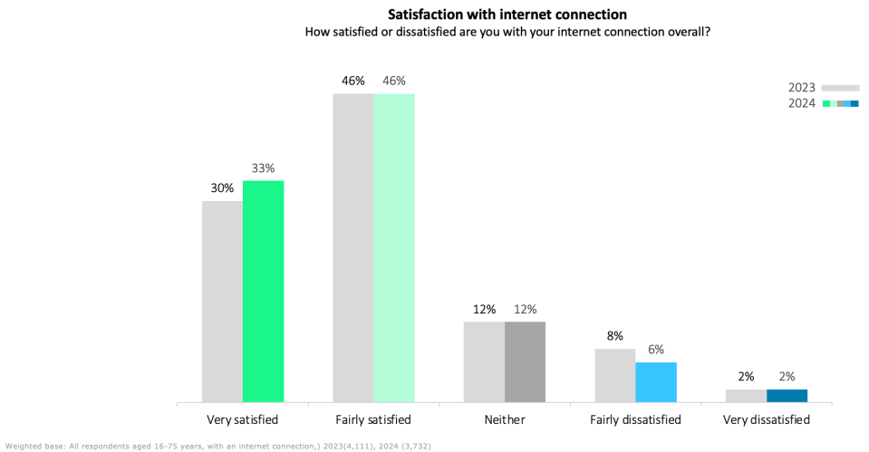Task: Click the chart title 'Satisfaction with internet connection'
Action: (507, 14)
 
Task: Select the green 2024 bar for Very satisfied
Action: (263, 291)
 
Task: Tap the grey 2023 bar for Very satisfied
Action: (222, 301)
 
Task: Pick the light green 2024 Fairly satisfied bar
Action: (394, 247)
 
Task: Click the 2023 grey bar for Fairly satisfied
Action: (353, 247)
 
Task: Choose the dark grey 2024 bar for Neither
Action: (525, 361)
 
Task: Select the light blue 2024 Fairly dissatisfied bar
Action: (656, 381)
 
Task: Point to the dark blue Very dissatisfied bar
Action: (787, 396)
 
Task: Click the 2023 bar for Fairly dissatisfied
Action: (615, 375)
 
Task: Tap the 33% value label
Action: (263, 168)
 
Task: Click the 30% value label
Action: (222, 188)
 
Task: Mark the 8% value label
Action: (615, 335)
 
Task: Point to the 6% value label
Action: (656, 349)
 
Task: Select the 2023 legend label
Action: (801, 88)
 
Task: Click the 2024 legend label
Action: (801, 103)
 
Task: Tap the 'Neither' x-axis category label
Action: (505, 420)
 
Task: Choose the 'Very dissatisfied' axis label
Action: (767, 420)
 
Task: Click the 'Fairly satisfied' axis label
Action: (373, 420)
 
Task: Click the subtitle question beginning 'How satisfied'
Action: (507, 32)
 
